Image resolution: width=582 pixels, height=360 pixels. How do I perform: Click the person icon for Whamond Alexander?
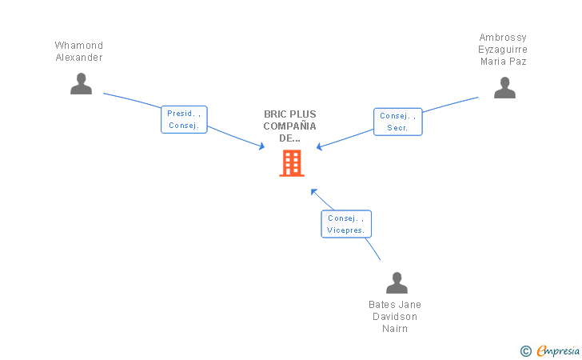[81, 83]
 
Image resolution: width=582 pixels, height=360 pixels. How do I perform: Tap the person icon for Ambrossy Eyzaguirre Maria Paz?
[504, 87]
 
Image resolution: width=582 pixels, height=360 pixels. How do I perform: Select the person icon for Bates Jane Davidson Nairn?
[397, 282]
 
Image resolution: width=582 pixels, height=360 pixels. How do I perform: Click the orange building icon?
[292, 162]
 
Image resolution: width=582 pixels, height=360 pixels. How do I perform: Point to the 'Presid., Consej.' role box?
[184, 119]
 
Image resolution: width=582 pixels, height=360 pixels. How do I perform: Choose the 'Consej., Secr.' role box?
[397, 122]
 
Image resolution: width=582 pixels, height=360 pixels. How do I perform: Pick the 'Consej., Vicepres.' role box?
[346, 223]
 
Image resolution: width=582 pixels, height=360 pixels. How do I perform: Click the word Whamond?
[79, 46]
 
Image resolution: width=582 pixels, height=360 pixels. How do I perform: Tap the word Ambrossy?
[503, 38]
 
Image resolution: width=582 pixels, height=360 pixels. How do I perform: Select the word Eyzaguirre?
[503, 50]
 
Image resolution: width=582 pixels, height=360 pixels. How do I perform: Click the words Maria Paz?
[503, 62]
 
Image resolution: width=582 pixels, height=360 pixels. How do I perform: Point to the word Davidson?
[395, 316]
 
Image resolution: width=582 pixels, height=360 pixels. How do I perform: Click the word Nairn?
[395, 328]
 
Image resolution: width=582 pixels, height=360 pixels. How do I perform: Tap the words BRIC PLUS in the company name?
[290, 114]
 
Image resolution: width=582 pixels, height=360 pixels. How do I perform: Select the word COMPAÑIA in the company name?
[290, 126]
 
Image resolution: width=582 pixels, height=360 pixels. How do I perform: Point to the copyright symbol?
[525, 350]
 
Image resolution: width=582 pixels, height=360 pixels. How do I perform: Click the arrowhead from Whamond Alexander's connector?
[261, 146]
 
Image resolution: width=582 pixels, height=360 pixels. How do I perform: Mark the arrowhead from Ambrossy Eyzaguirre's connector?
[319, 147]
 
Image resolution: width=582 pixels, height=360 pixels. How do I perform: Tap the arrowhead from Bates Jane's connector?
[313, 191]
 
